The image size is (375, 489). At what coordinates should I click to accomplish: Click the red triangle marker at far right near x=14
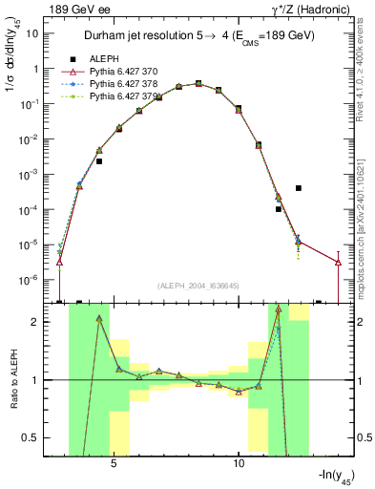[338, 262]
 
